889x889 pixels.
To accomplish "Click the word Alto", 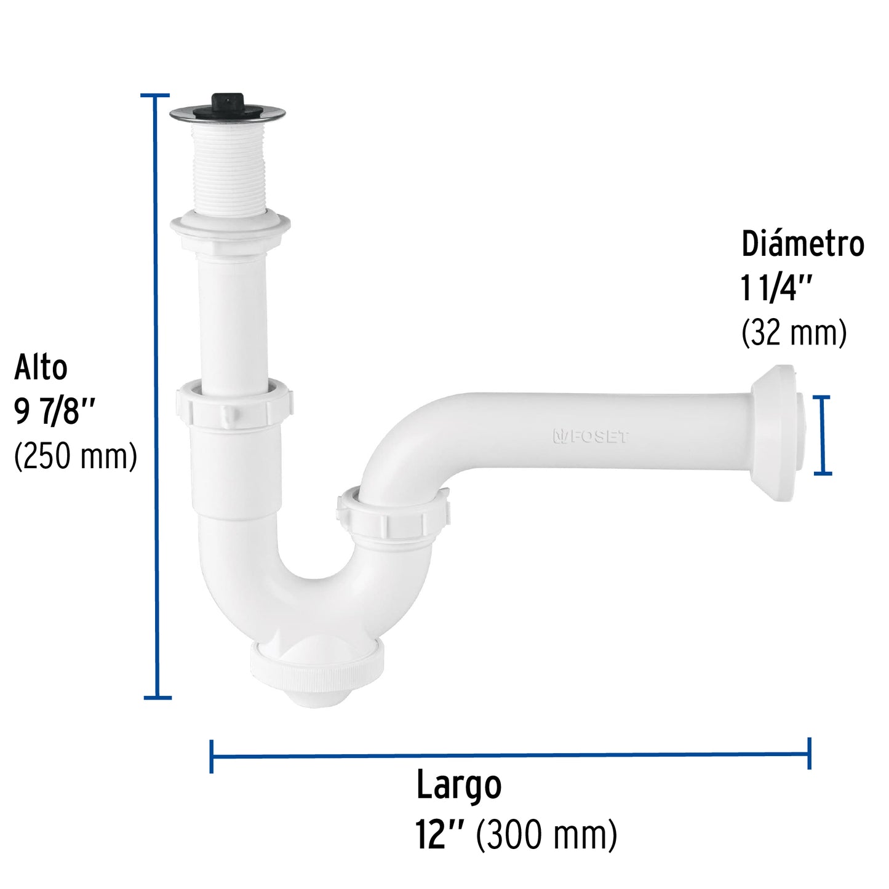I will pyautogui.click(x=41, y=368).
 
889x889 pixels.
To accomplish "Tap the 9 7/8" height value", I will pyautogui.click(x=55, y=412).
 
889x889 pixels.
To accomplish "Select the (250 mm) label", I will pyautogui.click(x=75, y=456).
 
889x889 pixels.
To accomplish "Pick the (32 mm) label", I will pyautogui.click(x=794, y=333).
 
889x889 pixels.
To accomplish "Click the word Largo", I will pyautogui.click(x=459, y=786).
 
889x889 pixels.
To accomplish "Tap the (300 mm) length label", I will pyautogui.click(x=546, y=835).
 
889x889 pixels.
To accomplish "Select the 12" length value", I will pyautogui.click(x=439, y=835).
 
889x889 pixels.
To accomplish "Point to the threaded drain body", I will pyautogui.click(x=228, y=166).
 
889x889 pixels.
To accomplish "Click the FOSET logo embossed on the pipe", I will pyautogui.click(x=591, y=437).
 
